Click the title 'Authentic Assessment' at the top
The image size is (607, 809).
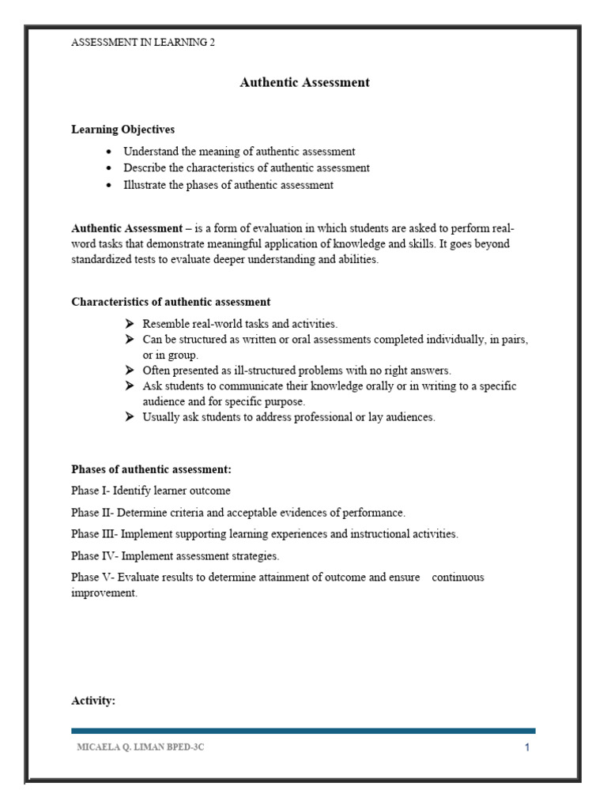(304, 83)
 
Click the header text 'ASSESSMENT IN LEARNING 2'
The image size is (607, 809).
(143, 43)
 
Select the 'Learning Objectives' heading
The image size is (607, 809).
(123, 129)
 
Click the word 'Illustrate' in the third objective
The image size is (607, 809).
(145, 186)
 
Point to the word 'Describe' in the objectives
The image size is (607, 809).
(144, 168)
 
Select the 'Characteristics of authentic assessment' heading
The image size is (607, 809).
(171, 302)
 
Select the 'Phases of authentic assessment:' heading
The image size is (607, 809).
(151, 469)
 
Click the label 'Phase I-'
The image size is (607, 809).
(90, 491)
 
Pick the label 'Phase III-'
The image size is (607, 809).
(95, 534)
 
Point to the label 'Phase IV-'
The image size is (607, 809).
(95, 556)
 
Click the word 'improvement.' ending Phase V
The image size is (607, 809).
(104, 593)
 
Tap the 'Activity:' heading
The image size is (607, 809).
(93, 700)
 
